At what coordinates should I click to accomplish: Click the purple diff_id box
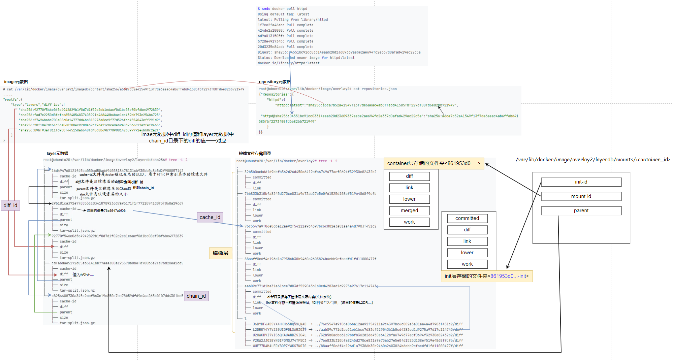(10, 205)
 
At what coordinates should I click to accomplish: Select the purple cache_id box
(210, 217)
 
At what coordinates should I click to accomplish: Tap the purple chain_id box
(196, 296)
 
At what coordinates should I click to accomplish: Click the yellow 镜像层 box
(220, 253)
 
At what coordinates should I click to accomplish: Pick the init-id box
(581, 182)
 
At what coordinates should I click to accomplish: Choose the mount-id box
(581, 196)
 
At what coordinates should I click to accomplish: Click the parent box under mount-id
(581, 210)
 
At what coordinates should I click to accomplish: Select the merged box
(409, 210)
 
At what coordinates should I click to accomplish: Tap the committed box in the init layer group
(467, 218)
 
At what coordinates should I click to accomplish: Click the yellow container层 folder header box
(434, 163)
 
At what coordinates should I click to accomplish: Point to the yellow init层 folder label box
(486, 276)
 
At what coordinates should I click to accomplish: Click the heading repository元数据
(275, 82)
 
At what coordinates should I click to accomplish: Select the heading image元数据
(16, 82)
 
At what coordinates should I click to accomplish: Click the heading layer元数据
(57, 154)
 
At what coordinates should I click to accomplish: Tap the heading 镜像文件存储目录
(255, 154)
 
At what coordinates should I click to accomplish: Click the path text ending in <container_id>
(593, 160)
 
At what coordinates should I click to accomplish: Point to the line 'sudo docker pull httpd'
(283, 9)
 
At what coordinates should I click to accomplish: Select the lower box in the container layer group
(409, 199)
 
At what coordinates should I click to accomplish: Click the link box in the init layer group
(467, 241)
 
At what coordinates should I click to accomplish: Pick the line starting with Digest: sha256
(339, 52)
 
